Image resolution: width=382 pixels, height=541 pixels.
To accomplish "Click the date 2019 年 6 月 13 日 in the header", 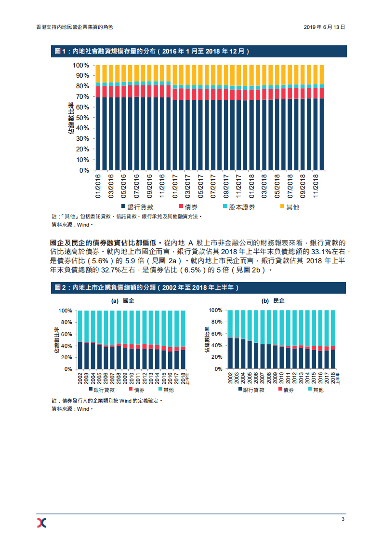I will pyautogui.click(x=324, y=27).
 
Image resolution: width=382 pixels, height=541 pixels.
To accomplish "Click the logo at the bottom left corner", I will pyautogui.click(x=42, y=522).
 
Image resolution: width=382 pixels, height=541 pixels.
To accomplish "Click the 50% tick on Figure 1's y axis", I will pyautogui.click(x=82, y=118).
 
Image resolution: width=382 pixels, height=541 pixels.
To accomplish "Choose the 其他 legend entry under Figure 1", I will pyautogui.click(x=290, y=207).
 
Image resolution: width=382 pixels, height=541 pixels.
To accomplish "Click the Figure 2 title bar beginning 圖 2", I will pyautogui.click(x=147, y=287).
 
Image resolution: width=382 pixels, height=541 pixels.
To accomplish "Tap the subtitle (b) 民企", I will pyautogui.click(x=273, y=301).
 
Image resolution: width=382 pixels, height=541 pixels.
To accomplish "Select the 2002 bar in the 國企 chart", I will pyautogui.click(x=80, y=354).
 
